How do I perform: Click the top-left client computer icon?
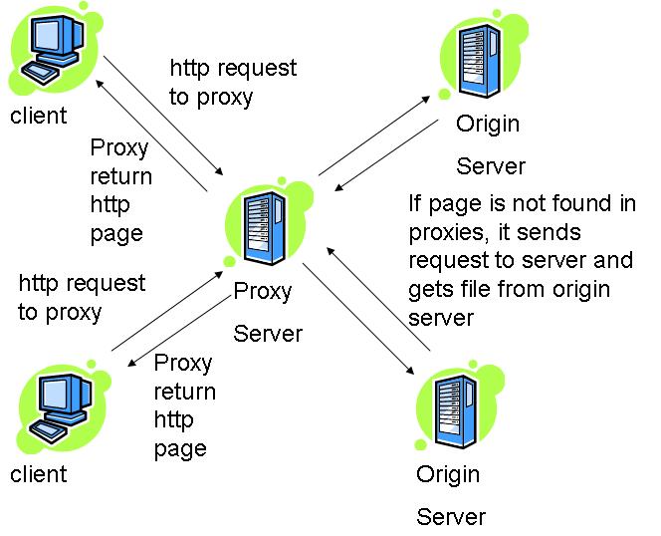pyautogui.click(x=54, y=50)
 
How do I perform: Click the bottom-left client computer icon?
pyautogui.click(x=61, y=408)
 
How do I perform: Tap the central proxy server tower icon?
pyautogui.click(x=265, y=228)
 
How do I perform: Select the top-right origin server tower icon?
pyautogui.click(x=480, y=61)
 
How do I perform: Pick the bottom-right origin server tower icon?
pyautogui.click(x=456, y=411)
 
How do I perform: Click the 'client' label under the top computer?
pyautogui.click(x=39, y=116)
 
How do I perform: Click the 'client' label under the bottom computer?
pyautogui.click(x=39, y=474)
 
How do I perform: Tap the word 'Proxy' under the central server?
pyautogui.click(x=262, y=292)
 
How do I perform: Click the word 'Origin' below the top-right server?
pyautogui.click(x=488, y=125)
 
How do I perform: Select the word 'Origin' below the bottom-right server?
pyautogui.click(x=448, y=475)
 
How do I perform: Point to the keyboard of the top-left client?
pyautogui.click(x=40, y=74)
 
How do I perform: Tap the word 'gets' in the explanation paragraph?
pyautogui.click(x=428, y=290)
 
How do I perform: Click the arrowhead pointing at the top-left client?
pyautogui.click(x=100, y=83)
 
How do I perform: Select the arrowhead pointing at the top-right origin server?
pyautogui.click(x=426, y=100)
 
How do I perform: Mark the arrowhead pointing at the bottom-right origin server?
pyautogui.click(x=410, y=371)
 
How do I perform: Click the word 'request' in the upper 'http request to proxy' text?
pyautogui.click(x=257, y=69)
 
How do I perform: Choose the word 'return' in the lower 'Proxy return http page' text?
pyautogui.click(x=184, y=392)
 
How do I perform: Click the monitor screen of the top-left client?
pyautogui.click(x=47, y=36)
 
